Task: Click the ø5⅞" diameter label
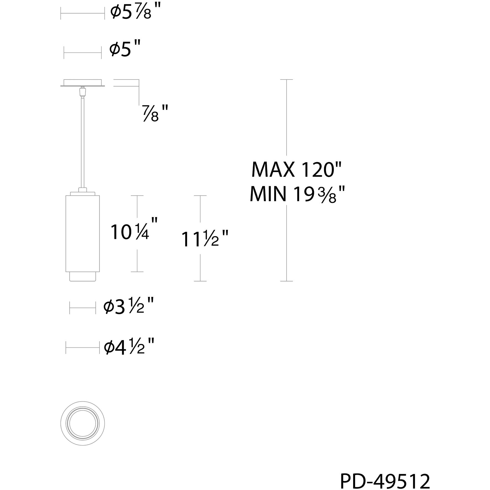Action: tap(135, 13)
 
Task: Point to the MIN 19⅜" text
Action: tap(297, 194)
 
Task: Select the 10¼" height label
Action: tap(134, 231)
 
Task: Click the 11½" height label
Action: tap(205, 239)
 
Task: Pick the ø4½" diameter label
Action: tap(129, 346)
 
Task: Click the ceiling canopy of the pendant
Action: tap(83, 83)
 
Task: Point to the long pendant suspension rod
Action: tap(83, 141)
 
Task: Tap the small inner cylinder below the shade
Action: tap(83, 276)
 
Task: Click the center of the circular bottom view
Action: tap(83, 423)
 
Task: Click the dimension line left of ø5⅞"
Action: tap(83, 13)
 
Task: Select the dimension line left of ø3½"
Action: tap(83, 308)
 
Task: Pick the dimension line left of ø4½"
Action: tap(83, 347)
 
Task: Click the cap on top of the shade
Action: tap(83, 193)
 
